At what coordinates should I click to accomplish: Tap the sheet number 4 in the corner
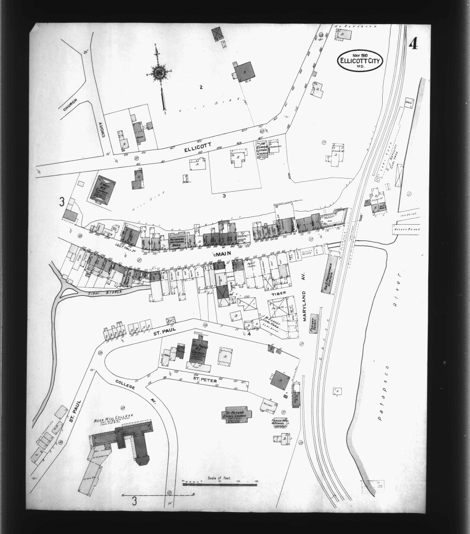[413, 44]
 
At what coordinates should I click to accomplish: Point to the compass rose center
[161, 72]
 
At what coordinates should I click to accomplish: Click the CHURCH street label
[70, 105]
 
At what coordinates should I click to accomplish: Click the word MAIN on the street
[223, 253]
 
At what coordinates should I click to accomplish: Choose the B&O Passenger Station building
[329, 274]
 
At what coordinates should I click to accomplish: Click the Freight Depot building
[314, 324]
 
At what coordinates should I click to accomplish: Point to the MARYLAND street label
[305, 309]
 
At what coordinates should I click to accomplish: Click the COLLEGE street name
[127, 387]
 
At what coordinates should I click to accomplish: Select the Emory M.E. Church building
[102, 190]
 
